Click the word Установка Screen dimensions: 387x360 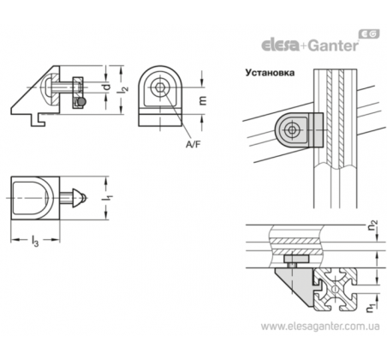(x=270, y=73)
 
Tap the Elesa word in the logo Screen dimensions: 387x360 (x=280, y=45)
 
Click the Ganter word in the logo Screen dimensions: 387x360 (x=333, y=45)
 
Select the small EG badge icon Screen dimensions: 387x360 (x=369, y=34)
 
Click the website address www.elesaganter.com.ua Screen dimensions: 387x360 (x=320, y=326)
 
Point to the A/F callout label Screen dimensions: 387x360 (x=193, y=145)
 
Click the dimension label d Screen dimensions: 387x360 (x=106, y=87)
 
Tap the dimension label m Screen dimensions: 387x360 (x=203, y=101)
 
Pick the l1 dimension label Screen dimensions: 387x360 (x=109, y=198)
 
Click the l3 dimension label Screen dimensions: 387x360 (x=34, y=241)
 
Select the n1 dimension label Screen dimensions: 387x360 (x=371, y=308)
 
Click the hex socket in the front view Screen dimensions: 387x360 (x=159, y=87)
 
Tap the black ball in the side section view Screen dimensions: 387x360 (x=82, y=101)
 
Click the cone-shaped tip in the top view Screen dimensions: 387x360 (x=78, y=198)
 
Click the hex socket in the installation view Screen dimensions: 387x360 (x=292, y=130)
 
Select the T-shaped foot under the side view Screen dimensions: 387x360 (x=38, y=120)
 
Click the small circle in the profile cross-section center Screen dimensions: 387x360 (x=335, y=290)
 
